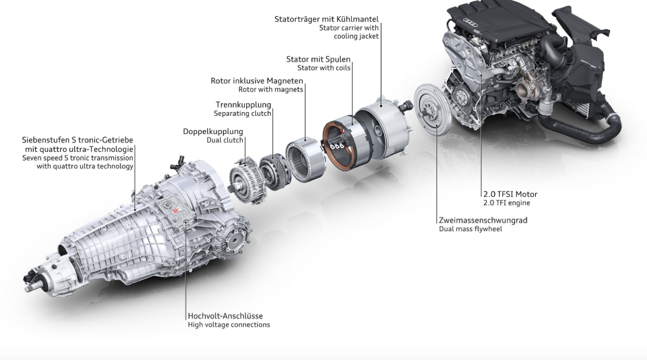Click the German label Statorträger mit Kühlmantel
click(x=326, y=19)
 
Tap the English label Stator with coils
click(x=323, y=68)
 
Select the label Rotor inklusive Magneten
click(x=257, y=81)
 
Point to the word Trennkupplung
click(x=243, y=105)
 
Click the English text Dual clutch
click(x=225, y=140)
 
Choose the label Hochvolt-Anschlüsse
click(x=225, y=316)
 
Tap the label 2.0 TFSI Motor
click(x=510, y=194)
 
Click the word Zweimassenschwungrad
click(x=483, y=220)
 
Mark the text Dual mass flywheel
click(x=470, y=229)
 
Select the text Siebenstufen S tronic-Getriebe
click(x=78, y=140)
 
